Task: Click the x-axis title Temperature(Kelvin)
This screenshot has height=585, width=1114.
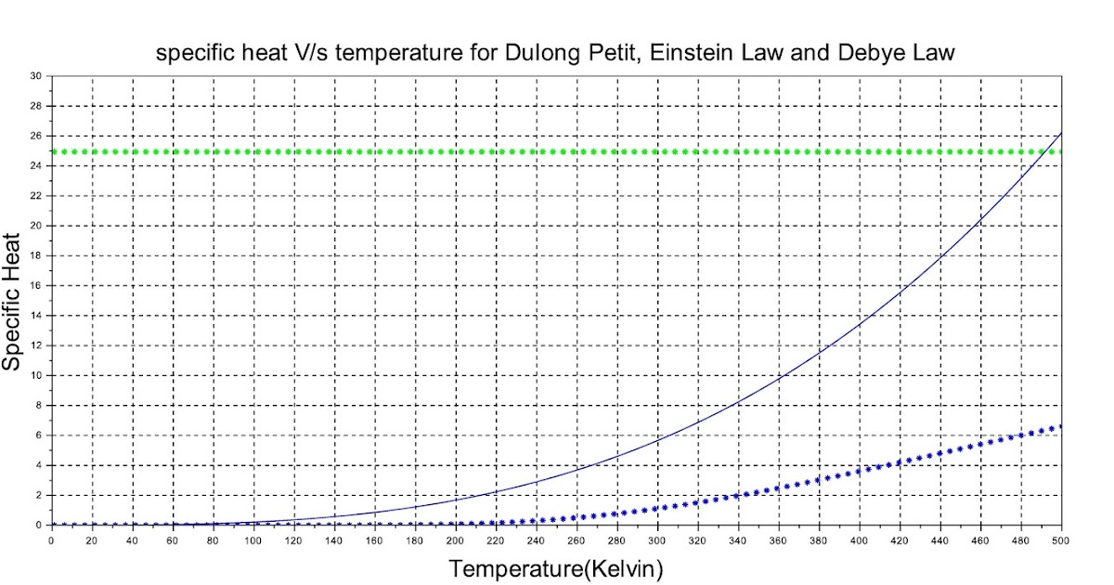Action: pyautogui.click(x=556, y=567)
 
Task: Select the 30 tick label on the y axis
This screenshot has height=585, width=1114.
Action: pyautogui.click(x=37, y=76)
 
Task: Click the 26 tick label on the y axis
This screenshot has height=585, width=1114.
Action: pyautogui.click(x=37, y=136)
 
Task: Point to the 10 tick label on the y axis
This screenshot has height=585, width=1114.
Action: pyautogui.click(x=37, y=375)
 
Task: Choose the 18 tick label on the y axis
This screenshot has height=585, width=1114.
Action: pyautogui.click(x=37, y=255)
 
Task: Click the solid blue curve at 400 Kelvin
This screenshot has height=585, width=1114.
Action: pyautogui.click(x=860, y=324)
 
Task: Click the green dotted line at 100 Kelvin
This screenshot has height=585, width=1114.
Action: pyautogui.click(x=253, y=151)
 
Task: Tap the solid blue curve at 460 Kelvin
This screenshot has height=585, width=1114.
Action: pyautogui.click(x=980, y=219)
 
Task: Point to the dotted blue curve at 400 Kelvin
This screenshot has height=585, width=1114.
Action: pyautogui.click(x=860, y=471)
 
